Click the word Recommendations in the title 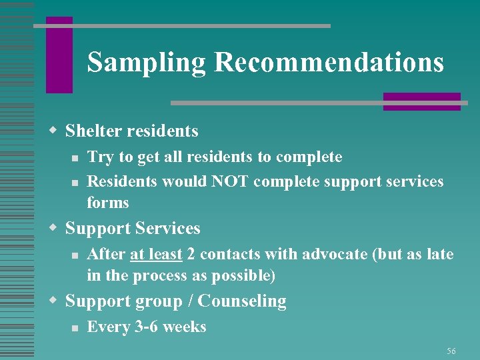coord(329,62)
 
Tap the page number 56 coord(451,351)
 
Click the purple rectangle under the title coord(421,101)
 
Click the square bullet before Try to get coord(76,158)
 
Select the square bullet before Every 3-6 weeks coord(76,327)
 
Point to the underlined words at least coord(157,254)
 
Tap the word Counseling coord(242,301)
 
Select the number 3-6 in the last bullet coord(145,327)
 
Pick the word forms coord(108,203)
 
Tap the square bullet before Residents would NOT coord(76,182)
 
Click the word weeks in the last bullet coord(184,327)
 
